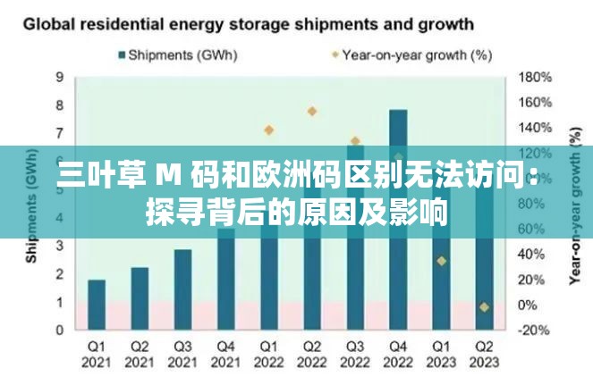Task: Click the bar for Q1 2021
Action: (97, 304)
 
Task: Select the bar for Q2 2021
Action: (140, 297)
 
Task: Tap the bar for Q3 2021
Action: (182, 289)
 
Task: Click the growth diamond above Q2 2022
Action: (312, 112)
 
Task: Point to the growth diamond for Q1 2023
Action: (441, 261)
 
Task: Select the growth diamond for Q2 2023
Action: (484, 307)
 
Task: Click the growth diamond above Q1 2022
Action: (268, 130)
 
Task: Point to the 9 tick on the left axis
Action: (60, 77)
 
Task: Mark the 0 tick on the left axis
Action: (60, 330)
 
